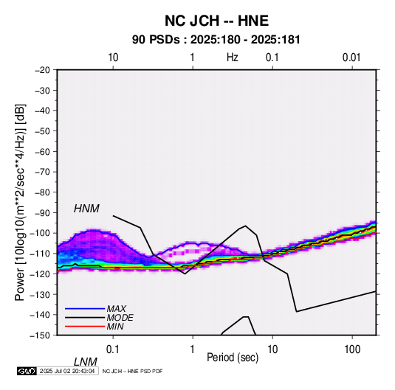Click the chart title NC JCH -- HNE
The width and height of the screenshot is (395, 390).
coord(216,21)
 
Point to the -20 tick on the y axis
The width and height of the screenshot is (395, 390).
coord(42,70)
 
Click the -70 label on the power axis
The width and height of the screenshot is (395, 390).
coord(42,172)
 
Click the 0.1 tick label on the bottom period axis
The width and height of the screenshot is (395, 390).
coord(113,349)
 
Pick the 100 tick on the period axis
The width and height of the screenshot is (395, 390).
coord(352,349)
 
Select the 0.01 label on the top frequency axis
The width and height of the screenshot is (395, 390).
coord(351,58)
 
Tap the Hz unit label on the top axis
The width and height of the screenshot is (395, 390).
coord(233,58)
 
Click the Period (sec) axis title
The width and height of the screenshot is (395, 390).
coord(233,358)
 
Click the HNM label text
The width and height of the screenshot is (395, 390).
coord(86,209)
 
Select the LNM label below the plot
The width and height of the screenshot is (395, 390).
coord(86,362)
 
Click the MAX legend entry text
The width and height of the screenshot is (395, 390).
coord(116,309)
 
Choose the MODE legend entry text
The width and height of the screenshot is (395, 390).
coord(120,318)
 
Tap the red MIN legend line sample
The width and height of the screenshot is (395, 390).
coord(85,327)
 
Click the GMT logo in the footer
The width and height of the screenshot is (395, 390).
coord(27,371)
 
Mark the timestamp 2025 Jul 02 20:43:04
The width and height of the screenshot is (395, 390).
coord(67,371)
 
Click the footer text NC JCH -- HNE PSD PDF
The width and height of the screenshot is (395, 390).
coord(132,371)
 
